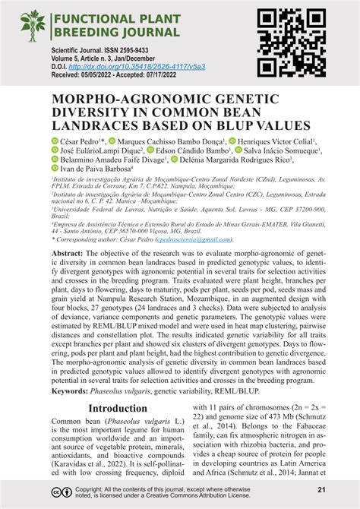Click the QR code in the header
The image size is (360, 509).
(287, 43)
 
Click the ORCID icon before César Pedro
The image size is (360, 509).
(55, 141)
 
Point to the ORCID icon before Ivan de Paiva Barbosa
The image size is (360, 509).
(55, 171)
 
